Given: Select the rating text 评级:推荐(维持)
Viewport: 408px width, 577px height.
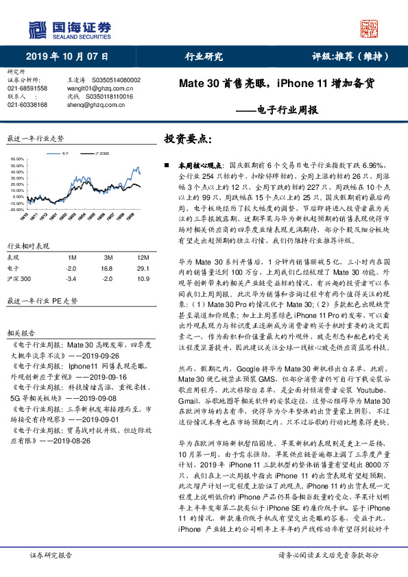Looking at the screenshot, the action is [352, 56].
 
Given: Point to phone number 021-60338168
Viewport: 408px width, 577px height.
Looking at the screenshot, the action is [27, 105].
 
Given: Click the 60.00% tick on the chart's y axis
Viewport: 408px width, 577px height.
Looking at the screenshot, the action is [17, 158].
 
